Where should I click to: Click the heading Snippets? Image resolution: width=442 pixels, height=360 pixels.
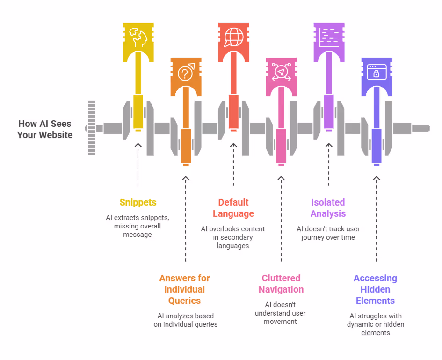coord(138,203)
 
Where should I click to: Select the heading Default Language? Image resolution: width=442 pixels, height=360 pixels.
coord(233,208)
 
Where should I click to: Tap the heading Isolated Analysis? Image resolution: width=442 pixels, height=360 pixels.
coord(328,208)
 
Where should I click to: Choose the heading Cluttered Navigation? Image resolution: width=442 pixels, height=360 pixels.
coord(281,284)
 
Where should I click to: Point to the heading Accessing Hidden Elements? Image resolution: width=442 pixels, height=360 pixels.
coord(375,289)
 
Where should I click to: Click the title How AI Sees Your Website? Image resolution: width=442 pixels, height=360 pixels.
coord(45,129)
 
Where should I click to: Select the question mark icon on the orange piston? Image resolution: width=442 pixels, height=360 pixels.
coord(186,73)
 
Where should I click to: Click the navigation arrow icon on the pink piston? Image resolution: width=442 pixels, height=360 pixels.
coord(281,72)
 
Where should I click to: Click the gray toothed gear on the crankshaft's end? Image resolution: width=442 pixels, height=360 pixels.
coord(92,127)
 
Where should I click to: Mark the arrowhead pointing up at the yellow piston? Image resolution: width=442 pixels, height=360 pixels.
coord(138,146)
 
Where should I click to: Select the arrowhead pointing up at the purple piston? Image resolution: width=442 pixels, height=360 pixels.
coord(376,179)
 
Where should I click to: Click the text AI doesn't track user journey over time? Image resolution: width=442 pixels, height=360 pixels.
coord(328,233)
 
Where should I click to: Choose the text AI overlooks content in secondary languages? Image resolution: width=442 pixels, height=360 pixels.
coord(233,237)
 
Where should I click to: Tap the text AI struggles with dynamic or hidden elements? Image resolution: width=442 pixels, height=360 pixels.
coord(375,324)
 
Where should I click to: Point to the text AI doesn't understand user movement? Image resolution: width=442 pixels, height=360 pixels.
coord(281,313)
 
